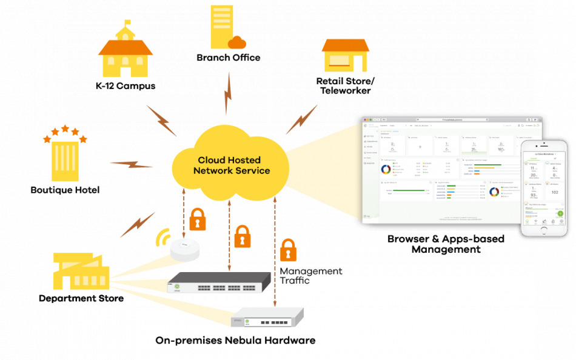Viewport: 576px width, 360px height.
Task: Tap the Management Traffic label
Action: pos(310,276)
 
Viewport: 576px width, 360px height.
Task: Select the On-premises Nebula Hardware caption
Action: pos(235,341)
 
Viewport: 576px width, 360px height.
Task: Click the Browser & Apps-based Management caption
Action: pos(446,244)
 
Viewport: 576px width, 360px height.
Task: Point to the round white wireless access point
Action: pos(185,249)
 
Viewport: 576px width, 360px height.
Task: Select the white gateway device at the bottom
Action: pos(267,318)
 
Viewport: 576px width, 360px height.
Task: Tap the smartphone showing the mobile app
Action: pos(545,188)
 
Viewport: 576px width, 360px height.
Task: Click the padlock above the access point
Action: pos(198,219)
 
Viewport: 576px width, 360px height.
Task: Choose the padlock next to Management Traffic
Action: pos(288,250)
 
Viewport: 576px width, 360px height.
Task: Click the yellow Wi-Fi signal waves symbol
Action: pos(162,239)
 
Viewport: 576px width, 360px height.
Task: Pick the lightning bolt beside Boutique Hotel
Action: pos(132,164)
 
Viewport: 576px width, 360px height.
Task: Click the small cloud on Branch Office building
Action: pos(237,42)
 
